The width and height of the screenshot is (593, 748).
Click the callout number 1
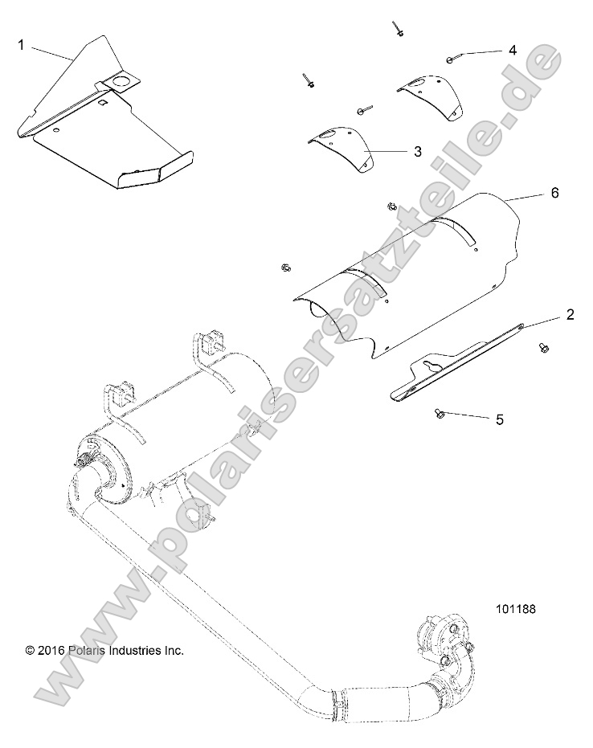tap(21, 46)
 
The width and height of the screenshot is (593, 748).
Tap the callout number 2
tap(570, 314)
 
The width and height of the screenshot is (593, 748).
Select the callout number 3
tap(417, 150)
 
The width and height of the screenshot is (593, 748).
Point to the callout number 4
tap(512, 50)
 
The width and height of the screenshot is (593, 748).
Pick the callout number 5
tap(499, 419)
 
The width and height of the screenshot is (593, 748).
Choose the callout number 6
tap(554, 194)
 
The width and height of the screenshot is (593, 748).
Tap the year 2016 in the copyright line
tap(54, 651)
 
